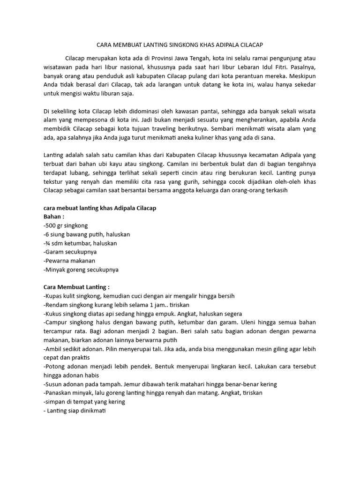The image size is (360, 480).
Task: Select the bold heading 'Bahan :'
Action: (53, 217)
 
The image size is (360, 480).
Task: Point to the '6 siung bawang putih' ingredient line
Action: (87, 234)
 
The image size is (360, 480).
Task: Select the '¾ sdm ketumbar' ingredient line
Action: (80, 243)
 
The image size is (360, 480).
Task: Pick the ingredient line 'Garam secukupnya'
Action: (70, 252)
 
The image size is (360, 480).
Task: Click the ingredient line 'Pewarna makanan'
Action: (69, 261)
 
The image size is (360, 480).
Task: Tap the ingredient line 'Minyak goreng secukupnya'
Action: (81, 270)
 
